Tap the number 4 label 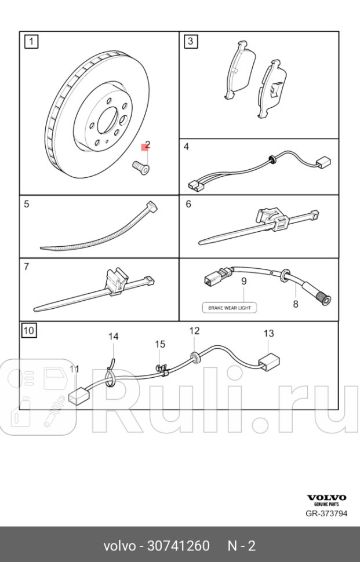(186, 147)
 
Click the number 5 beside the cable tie (27, 204)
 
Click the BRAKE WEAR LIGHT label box (229, 308)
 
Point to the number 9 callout (244, 280)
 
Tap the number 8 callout (295, 304)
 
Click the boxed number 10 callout (29, 331)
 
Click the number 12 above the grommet (194, 331)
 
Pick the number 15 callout (159, 344)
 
